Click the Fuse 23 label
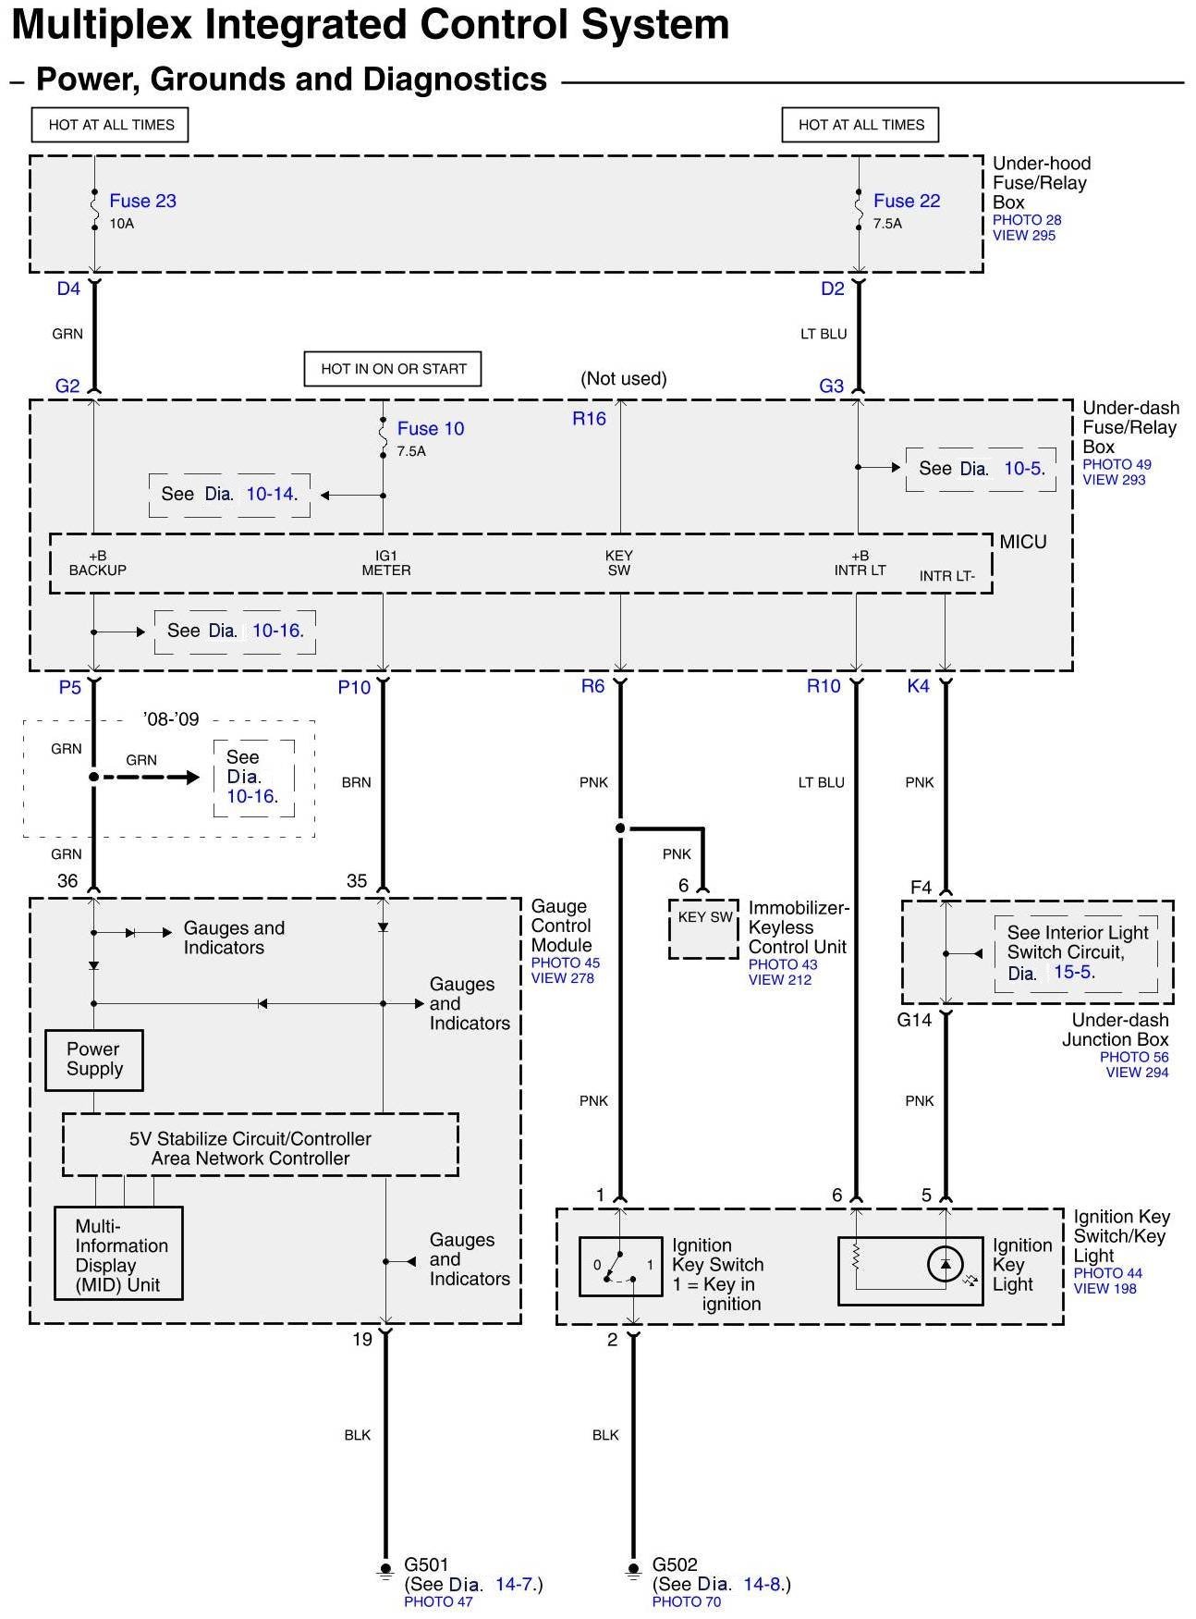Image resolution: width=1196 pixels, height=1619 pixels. [142, 201]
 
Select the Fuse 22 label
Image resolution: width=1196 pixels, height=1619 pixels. [906, 201]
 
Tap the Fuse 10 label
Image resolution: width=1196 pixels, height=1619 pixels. [430, 428]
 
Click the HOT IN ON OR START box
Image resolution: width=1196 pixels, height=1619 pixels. [393, 369]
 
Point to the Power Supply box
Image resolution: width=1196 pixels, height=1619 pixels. [93, 1060]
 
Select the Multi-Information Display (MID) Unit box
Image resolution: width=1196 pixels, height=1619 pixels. [118, 1254]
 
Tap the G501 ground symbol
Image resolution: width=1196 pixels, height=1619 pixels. [385, 1570]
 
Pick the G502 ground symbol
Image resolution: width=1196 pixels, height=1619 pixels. [633, 1570]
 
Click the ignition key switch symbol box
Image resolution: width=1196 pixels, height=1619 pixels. [620, 1266]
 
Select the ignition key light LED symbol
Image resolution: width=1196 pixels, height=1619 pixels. [945, 1264]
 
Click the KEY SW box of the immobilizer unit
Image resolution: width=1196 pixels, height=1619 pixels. [704, 927]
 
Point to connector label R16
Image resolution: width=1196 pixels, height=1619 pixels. [589, 419]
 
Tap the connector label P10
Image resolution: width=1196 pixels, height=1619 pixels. [354, 687]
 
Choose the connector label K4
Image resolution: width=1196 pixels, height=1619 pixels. [918, 686]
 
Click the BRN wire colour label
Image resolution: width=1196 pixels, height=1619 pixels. [356, 782]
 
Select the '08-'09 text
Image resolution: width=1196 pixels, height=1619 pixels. [171, 719]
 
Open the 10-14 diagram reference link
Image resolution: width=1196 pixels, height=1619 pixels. [270, 495]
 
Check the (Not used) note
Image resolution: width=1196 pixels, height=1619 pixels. [623, 378]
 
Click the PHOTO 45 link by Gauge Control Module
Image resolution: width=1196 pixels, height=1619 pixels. [565, 963]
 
